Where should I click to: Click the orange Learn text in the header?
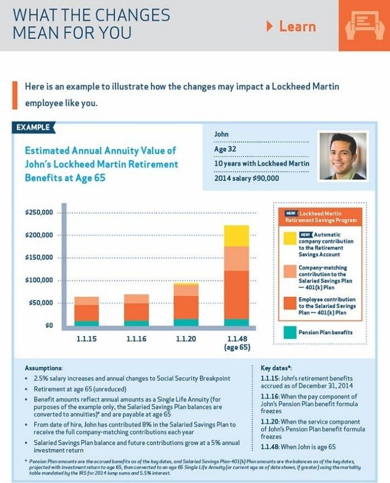tap(298, 27)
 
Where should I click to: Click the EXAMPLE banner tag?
tap(33, 127)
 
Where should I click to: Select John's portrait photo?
tap(343, 156)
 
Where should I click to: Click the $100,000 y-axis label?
tap(39, 280)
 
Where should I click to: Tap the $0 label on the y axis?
tap(50, 326)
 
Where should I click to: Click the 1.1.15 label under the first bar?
tap(86, 339)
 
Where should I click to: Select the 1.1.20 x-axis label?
tap(186, 339)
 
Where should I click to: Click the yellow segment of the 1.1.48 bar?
tap(236, 236)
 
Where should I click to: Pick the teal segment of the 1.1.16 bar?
tap(136, 323)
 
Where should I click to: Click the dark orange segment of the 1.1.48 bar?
tap(236, 295)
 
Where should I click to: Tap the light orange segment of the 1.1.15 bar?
tap(86, 301)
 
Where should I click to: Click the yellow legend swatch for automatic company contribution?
tap(290, 238)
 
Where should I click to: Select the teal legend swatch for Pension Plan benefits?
tap(290, 332)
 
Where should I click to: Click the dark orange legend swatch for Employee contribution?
tap(290, 303)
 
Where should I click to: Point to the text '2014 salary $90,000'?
tap(247, 179)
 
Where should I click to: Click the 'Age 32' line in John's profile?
tap(225, 149)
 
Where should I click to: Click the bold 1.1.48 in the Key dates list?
tap(270, 447)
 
